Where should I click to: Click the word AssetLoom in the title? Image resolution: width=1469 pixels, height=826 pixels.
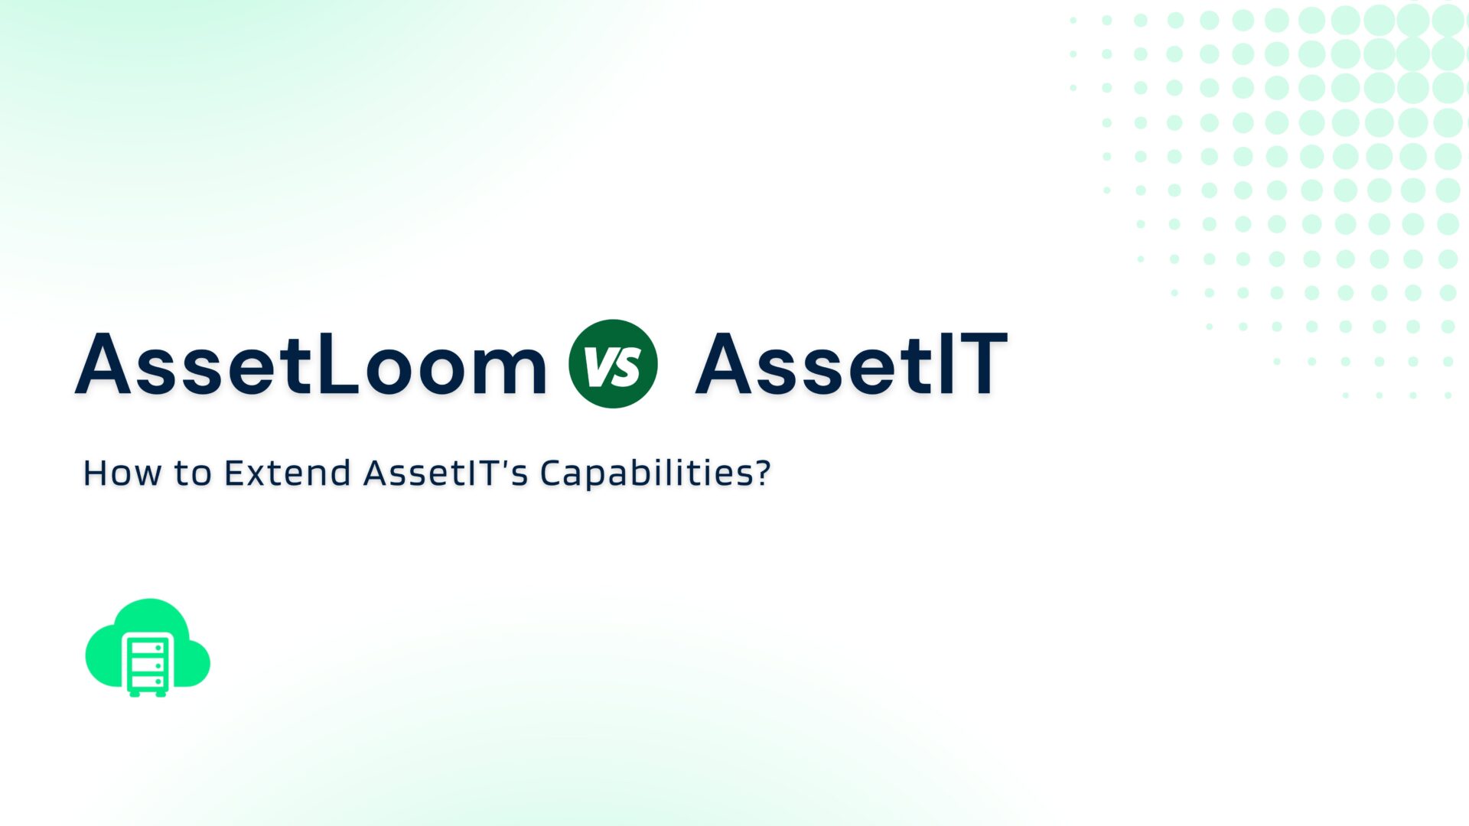tap(311, 364)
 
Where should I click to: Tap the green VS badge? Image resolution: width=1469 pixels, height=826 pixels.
tap(613, 364)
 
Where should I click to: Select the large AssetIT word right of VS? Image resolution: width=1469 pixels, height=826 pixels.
tap(851, 364)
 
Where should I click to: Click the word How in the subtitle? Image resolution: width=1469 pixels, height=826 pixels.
tap(121, 473)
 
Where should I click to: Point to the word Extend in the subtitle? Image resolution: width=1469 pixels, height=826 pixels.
tap(287, 473)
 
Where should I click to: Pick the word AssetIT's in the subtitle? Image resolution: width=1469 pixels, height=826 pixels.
tap(445, 473)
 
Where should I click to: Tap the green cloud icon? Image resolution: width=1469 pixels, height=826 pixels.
tap(148, 646)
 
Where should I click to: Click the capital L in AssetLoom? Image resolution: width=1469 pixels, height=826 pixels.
tap(337, 364)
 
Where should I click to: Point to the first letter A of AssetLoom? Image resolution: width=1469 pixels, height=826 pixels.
tap(103, 364)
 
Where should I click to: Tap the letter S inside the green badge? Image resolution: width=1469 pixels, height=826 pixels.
tap(627, 366)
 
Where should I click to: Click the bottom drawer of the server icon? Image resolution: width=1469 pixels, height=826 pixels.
tap(148, 681)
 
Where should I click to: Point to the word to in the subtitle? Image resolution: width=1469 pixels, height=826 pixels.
tap(192, 473)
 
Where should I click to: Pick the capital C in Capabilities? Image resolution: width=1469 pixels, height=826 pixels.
tap(553, 473)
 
